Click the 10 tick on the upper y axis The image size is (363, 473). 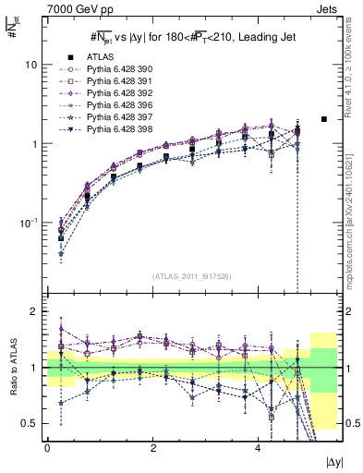point(30,66)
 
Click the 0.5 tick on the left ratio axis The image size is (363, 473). point(30,423)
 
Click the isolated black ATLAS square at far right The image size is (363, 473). point(323,119)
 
